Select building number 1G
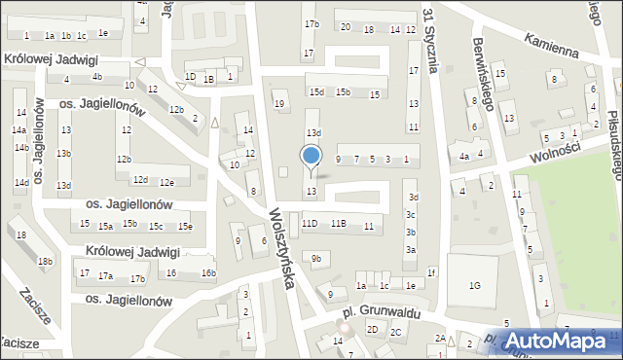click(x=474, y=285)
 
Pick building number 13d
click(x=313, y=132)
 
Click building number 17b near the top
click(x=311, y=23)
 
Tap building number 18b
click(x=45, y=261)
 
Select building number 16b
click(x=208, y=272)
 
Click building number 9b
click(x=315, y=258)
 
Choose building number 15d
click(x=316, y=91)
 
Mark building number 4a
click(x=465, y=155)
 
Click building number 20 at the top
click(x=346, y=27)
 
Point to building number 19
click(x=279, y=103)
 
